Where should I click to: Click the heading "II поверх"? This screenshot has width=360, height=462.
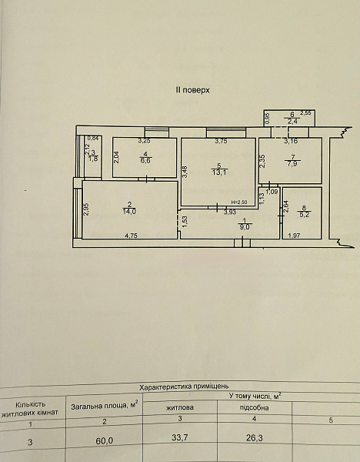click(192, 90)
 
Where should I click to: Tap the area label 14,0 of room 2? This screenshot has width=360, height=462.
click(129, 212)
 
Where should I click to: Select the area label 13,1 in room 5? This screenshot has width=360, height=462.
click(219, 172)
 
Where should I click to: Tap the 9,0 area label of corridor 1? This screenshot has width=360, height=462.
click(244, 227)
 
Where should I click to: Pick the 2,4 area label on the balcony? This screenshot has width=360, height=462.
click(292, 121)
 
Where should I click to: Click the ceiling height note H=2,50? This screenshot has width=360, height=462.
click(238, 203)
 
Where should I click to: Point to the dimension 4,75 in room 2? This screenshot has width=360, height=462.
click(132, 236)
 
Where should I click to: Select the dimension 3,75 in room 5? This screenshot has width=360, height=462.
click(221, 141)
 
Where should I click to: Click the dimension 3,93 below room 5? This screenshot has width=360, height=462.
click(230, 212)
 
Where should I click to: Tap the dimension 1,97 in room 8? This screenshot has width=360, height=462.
click(294, 236)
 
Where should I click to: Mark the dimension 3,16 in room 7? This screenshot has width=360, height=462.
click(291, 141)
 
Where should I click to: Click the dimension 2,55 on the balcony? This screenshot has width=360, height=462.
click(306, 112)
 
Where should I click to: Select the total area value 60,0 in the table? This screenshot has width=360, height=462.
click(104, 440)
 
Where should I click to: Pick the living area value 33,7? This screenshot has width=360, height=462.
click(180, 438)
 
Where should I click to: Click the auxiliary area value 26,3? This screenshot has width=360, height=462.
click(255, 438)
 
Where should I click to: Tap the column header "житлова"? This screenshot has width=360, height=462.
click(180, 408)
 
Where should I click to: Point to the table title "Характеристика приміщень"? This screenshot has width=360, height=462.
click(184, 387)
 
